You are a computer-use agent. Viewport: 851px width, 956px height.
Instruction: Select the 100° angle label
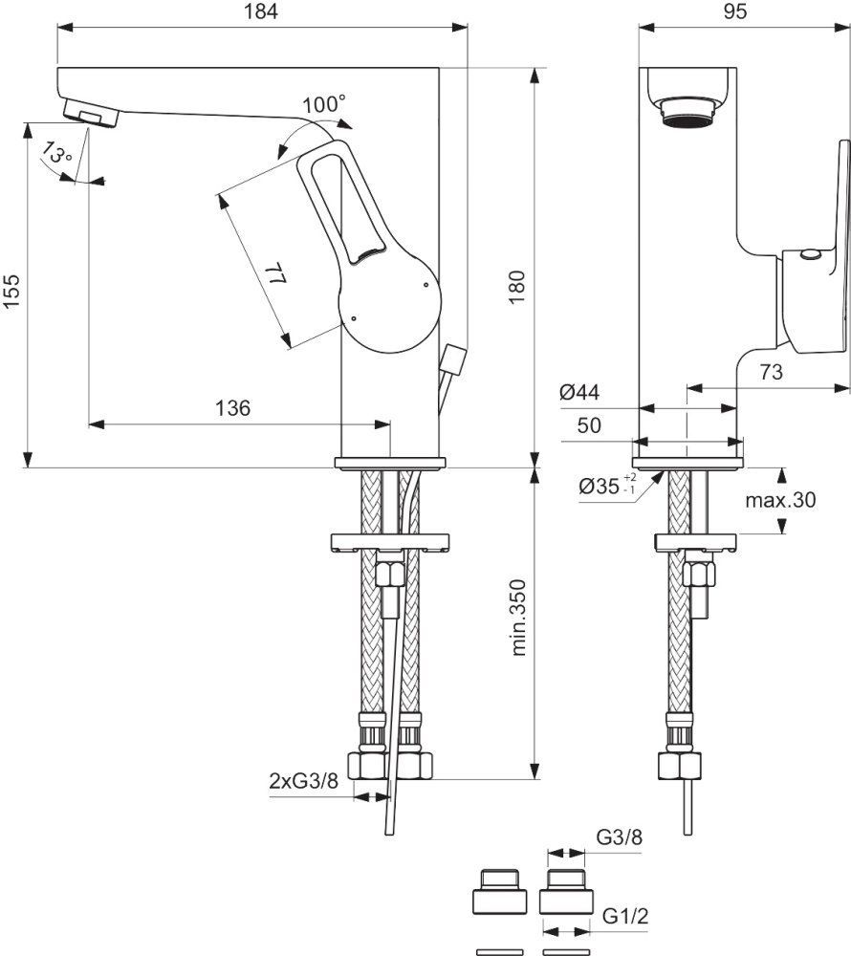[x=324, y=103]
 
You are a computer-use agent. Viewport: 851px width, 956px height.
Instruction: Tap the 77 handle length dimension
[x=274, y=278]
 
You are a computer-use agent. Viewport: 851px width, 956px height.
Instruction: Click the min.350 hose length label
[x=519, y=620]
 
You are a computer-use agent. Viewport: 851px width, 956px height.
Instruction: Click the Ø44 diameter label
[x=578, y=391]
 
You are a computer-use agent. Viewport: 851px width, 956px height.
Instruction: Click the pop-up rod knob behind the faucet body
[x=452, y=360]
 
